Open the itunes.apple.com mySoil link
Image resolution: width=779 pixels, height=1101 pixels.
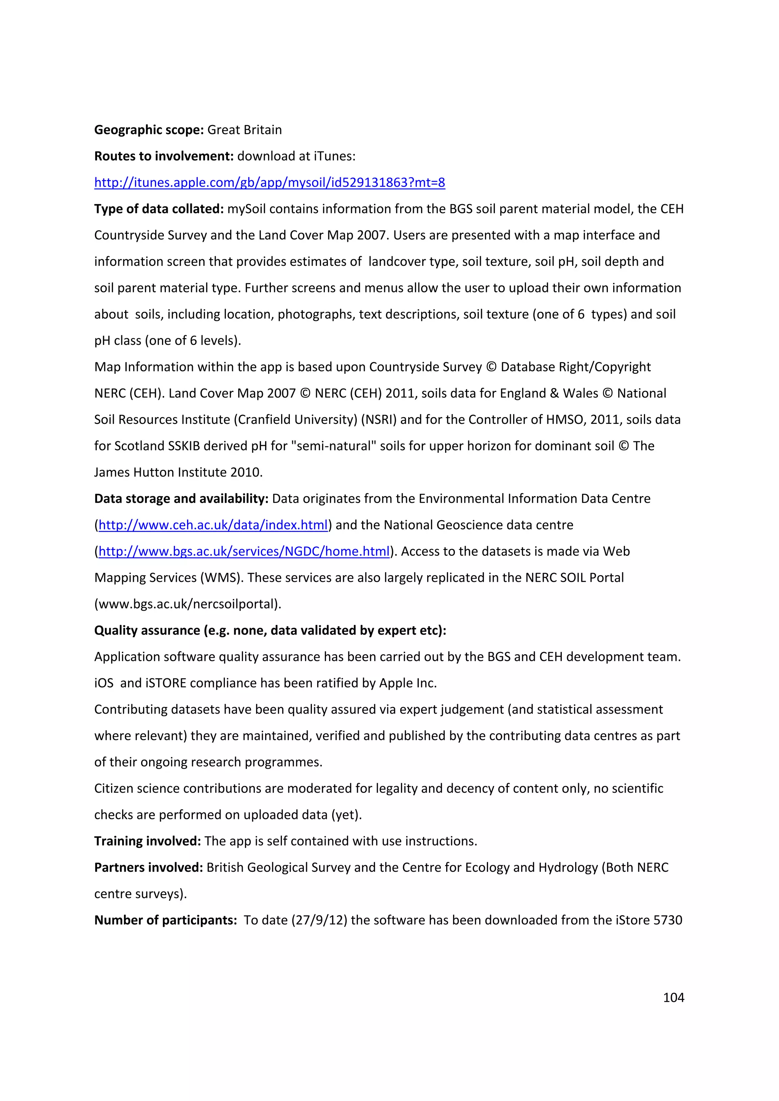tap(270, 183)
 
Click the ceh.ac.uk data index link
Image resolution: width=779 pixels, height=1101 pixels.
tap(213, 525)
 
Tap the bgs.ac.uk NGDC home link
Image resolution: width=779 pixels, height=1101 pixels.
tap(244, 552)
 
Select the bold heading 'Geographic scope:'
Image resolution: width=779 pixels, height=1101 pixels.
tap(149, 130)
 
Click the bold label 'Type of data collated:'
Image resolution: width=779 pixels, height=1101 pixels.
tap(159, 209)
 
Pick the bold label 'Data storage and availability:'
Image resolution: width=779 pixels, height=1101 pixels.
tap(181, 499)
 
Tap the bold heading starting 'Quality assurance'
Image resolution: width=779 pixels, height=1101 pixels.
tap(270, 631)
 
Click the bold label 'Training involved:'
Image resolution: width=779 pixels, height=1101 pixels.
tap(147, 841)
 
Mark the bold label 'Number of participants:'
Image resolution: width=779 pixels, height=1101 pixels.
tap(165, 920)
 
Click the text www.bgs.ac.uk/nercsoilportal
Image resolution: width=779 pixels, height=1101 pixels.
tap(188, 604)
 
